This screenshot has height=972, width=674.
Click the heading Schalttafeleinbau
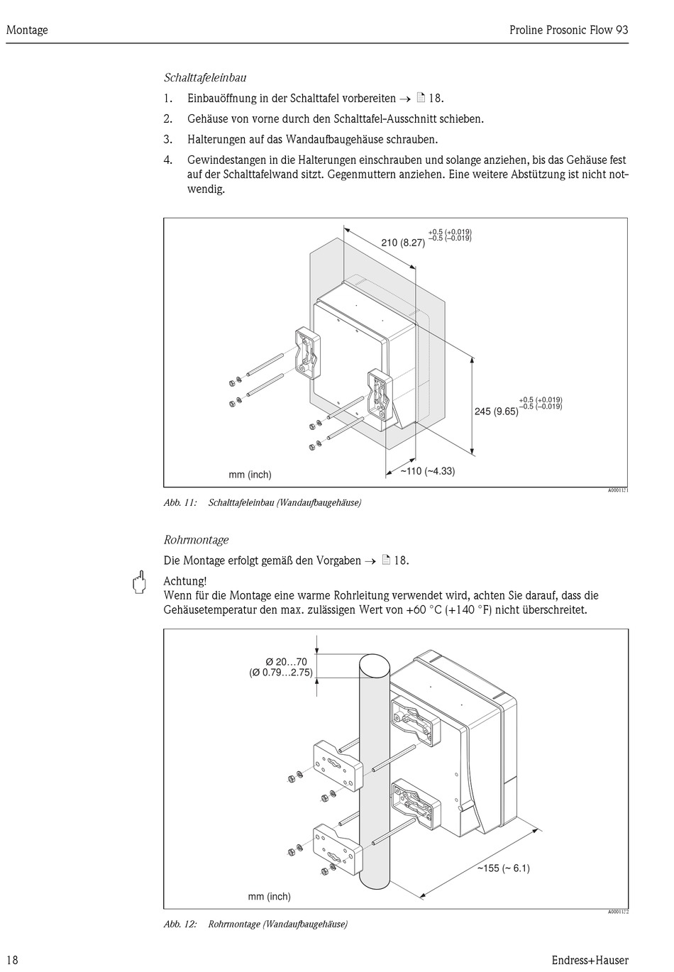[x=205, y=77]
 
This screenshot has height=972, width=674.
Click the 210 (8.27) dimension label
[x=403, y=243]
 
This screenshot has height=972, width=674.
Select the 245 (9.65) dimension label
[x=496, y=412]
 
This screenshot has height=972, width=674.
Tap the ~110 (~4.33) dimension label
[x=427, y=471]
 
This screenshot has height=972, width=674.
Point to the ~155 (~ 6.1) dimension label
[x=503, y=868]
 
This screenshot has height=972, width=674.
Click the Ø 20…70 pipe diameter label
[x=287, y=662]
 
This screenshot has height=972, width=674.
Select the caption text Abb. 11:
[x=180, y=503]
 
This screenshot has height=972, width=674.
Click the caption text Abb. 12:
[x=180, y=924]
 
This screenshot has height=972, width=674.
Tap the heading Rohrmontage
[x=196, y=540]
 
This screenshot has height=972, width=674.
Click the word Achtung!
[x=184, y=582]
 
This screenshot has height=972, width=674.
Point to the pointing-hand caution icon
[x=139, y=582]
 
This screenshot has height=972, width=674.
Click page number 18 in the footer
[x=12, y=960]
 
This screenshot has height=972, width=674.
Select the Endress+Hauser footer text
[x=590, y=960]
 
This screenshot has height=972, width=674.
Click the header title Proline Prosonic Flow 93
[x=568, y=30]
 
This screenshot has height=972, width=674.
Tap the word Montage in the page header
[x=27, y=30]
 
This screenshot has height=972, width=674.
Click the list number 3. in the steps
[x=168, y=140]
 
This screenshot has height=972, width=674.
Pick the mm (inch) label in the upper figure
[x=250, y=475]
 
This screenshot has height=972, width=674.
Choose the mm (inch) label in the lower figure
[x=269, y=897]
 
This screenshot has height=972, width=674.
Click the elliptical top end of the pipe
[x=375, y=667]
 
